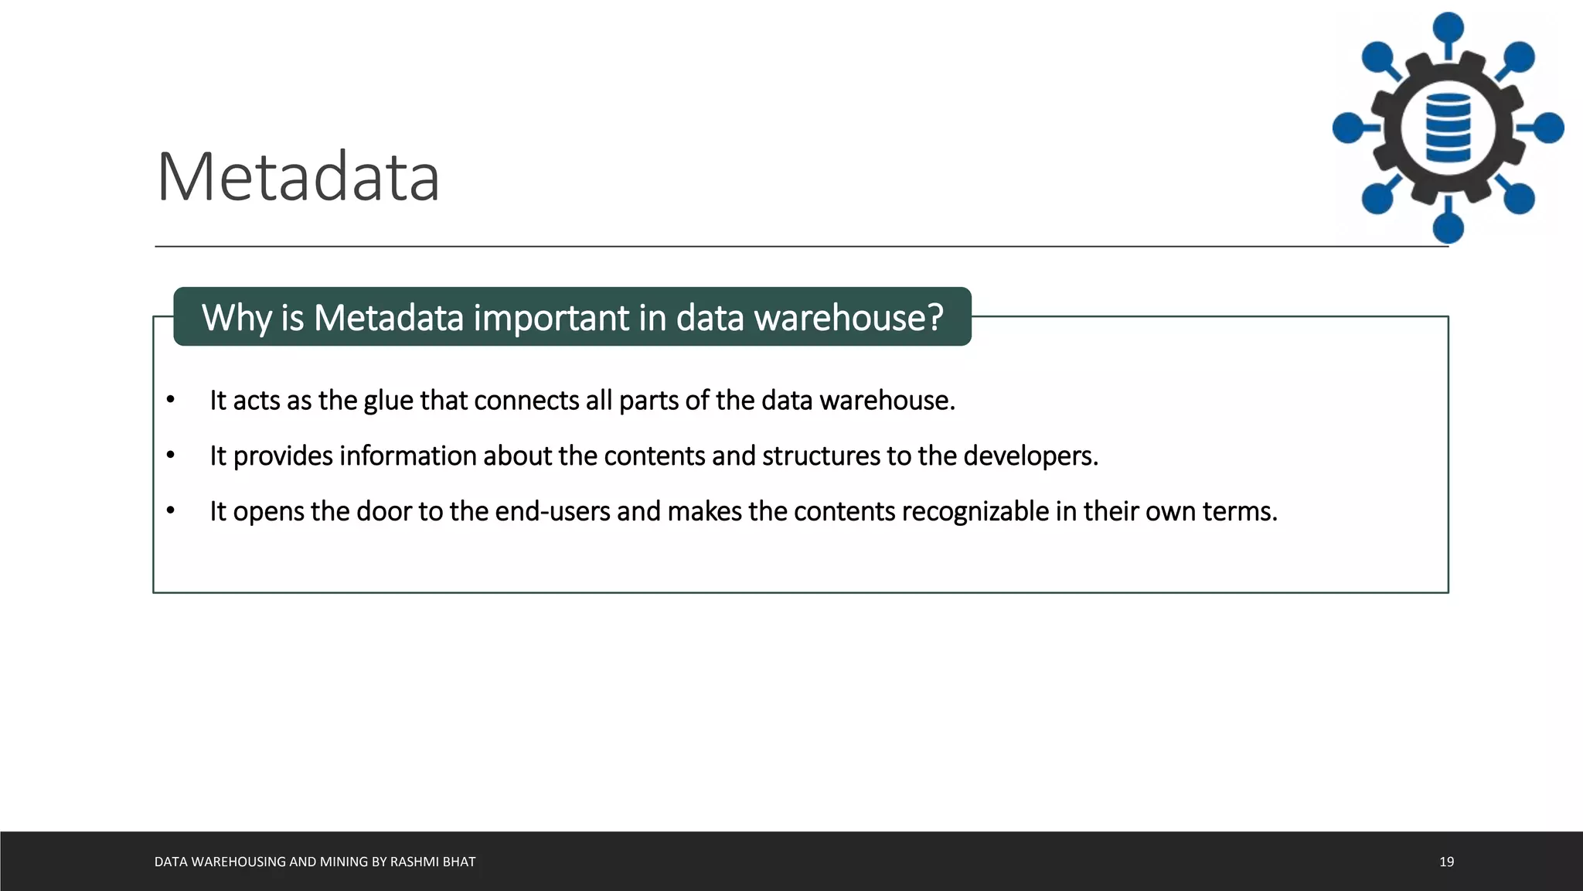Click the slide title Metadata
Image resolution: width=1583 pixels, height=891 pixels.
(x=298, y=177)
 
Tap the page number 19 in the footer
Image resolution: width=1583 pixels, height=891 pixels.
(x=1446, y=862)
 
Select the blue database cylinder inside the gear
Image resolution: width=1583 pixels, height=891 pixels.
(x=1448, y=128)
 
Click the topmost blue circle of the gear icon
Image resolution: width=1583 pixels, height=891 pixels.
(x=1448, y=28)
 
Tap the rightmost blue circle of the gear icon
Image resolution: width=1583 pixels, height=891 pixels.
(x=1548, y=128)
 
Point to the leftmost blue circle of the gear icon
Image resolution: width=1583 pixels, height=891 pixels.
(x=1348, y=128)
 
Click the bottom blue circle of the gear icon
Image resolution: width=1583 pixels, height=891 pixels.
(x=1448, y=228)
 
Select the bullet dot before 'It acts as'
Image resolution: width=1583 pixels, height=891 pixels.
(x=171, y=400)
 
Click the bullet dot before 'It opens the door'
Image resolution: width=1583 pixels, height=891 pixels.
(x=171, y=510)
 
